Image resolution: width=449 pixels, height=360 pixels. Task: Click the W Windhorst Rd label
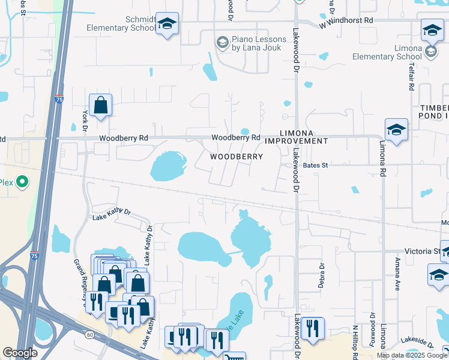click(x=346, y=21)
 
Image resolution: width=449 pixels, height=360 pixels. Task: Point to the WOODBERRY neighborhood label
click(x=237, y=157)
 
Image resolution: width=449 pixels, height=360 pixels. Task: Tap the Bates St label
click(x=316, y=165)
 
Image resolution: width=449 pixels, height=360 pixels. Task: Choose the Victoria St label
click(x=422, y=251)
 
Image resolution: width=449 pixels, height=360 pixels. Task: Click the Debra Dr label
click(x=322, y=275)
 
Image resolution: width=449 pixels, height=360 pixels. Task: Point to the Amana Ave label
click(x=397, y=275)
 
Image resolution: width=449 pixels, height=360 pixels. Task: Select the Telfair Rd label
click(x=412, y=77)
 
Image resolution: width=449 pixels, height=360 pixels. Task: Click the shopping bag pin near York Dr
click(x=101, y=106)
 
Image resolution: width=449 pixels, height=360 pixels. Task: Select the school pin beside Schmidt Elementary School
click(x=167, y=24)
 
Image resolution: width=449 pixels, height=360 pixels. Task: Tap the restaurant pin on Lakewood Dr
click(x=312, y=329)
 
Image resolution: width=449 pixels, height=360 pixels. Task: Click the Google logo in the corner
click(x=20, y=353)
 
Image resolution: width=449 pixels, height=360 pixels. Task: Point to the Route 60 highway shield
click(x=89, y=334)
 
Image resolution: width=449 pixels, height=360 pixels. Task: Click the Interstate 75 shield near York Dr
click(x=58, y=98)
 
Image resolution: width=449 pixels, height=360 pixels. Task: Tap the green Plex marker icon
click(x=22, y=181)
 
